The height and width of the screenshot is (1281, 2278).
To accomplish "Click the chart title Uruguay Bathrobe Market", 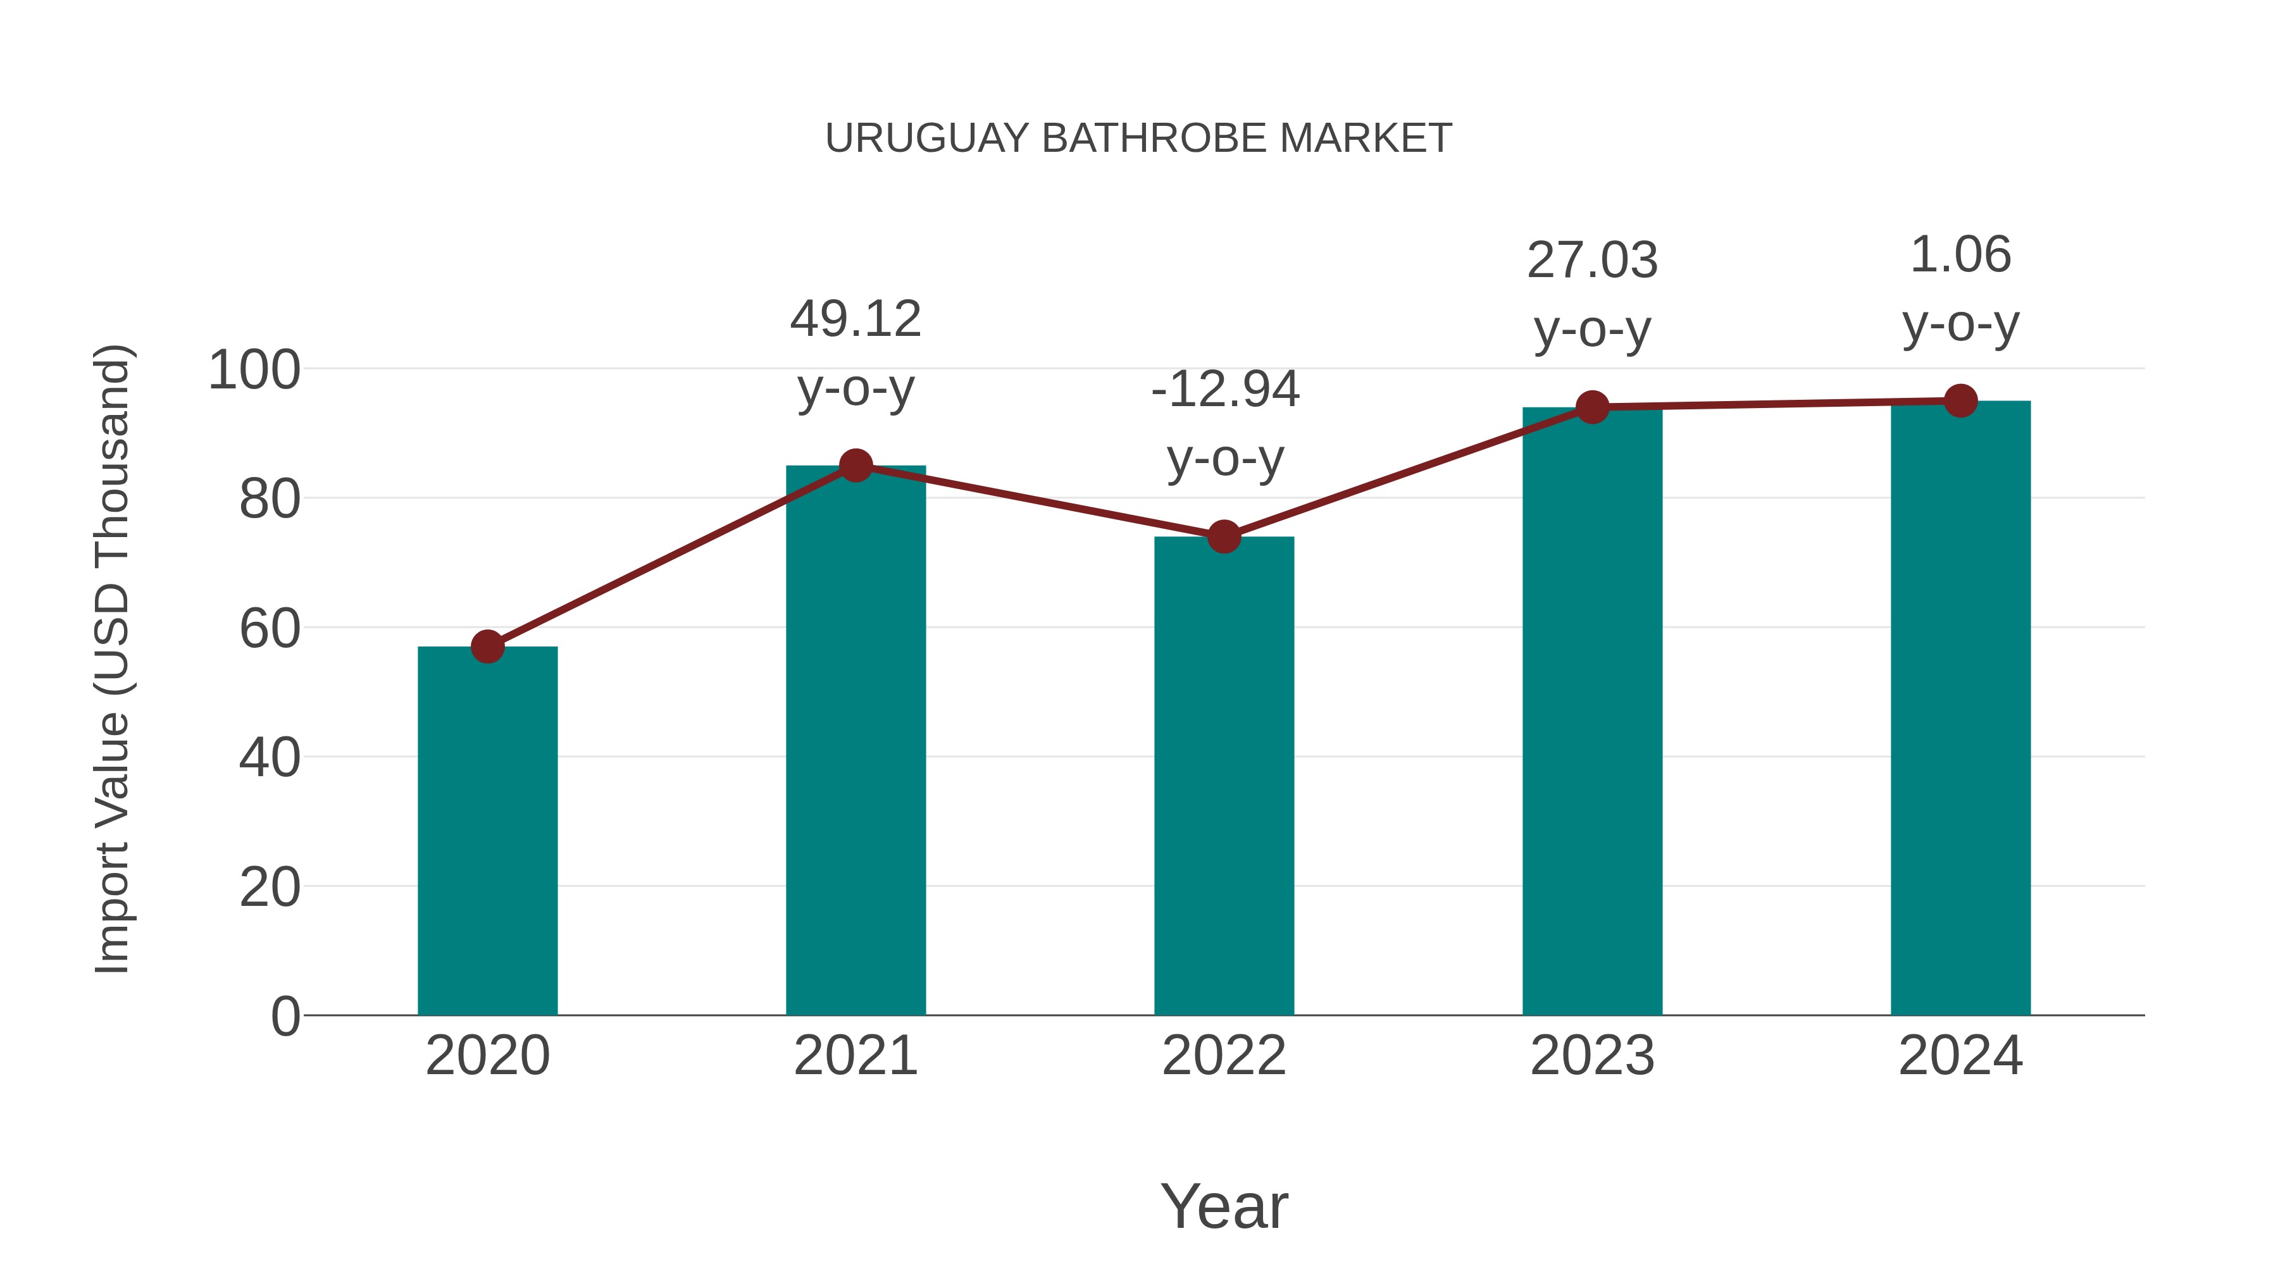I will point(1138,139).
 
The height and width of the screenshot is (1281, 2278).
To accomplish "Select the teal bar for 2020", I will point(487,831).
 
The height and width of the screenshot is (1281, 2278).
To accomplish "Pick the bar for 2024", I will point(1960,707).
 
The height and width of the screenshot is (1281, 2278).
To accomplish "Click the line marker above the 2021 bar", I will point(855,465).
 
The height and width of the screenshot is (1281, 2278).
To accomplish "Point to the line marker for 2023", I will point(1592,407).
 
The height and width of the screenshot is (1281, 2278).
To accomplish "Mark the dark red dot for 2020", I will point(487,647).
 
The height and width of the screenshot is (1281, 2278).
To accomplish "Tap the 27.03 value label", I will point(1592,261).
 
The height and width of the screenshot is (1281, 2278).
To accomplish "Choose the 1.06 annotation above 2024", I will point(1960,256).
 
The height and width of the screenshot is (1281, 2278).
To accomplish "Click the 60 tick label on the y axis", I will point(270,629).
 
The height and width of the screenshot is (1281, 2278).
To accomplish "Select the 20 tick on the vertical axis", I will point(270,888).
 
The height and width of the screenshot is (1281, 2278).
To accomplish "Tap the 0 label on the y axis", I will point(285,1017).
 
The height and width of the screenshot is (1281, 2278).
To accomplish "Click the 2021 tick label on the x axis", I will point(855,1056).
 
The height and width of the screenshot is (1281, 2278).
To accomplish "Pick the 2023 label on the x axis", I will point(1592,1056).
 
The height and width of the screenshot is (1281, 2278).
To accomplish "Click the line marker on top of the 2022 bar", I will point(1224,536).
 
